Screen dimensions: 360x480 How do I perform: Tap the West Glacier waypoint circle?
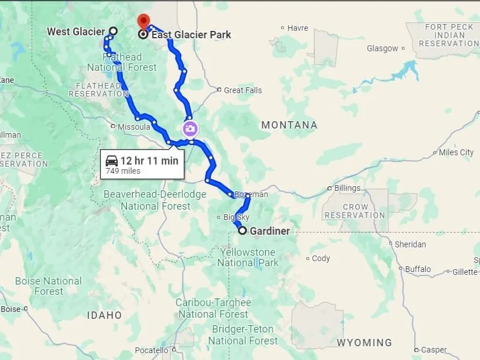(x=113, y=31)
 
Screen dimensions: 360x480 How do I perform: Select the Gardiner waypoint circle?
(x=242, y=231)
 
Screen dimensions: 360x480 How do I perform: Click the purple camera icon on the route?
(x=190, y=129)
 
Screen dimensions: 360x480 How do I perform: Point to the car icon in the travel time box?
(x=112, y=161)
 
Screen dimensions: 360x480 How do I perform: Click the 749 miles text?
(x=123, y=171)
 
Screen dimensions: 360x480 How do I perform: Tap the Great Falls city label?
(x=242, y=90)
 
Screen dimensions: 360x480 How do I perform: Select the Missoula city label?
(x=134, y=126)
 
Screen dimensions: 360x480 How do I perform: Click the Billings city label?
(x=347, y=188)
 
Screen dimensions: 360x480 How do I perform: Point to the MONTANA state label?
(x=289, y=125)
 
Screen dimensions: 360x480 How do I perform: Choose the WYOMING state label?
(x=364, y=343)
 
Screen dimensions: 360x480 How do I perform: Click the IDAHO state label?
(x=105, y=315)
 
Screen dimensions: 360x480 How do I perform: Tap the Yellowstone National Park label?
(x=247, y=258)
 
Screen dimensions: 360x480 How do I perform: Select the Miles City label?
(x=456, y=153)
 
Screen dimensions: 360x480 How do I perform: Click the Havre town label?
(x=297, y=28)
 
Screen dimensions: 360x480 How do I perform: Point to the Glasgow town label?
(x=382, y=49)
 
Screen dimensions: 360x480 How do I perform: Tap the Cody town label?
(x=321, y=258)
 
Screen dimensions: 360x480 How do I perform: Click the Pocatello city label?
(x=151, y=350)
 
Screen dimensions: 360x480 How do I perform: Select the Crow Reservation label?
(x=355, y=211)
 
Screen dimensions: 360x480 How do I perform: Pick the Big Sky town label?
(x=236, y=217)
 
